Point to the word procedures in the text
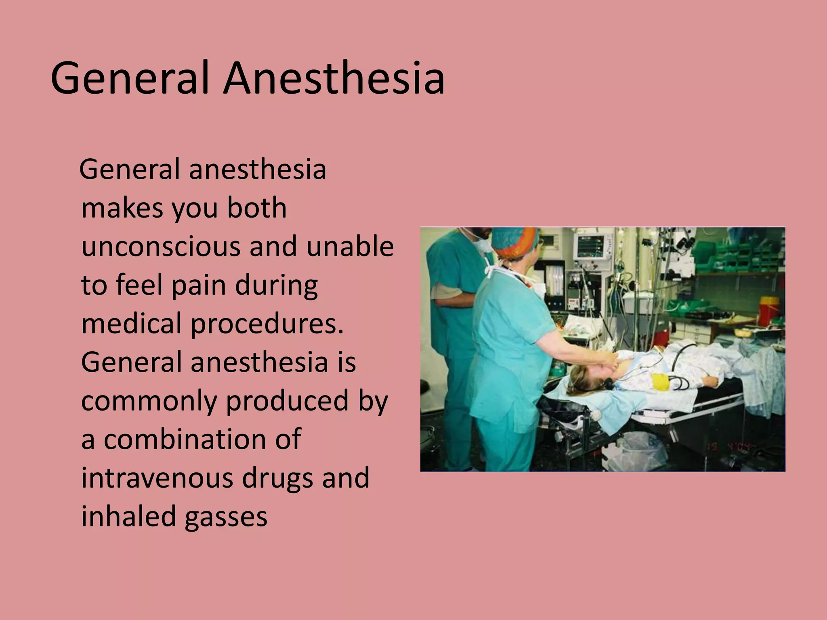(x=267, y=324)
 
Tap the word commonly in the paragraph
(x=149, y=401)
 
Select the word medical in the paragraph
(x=132, y=324)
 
